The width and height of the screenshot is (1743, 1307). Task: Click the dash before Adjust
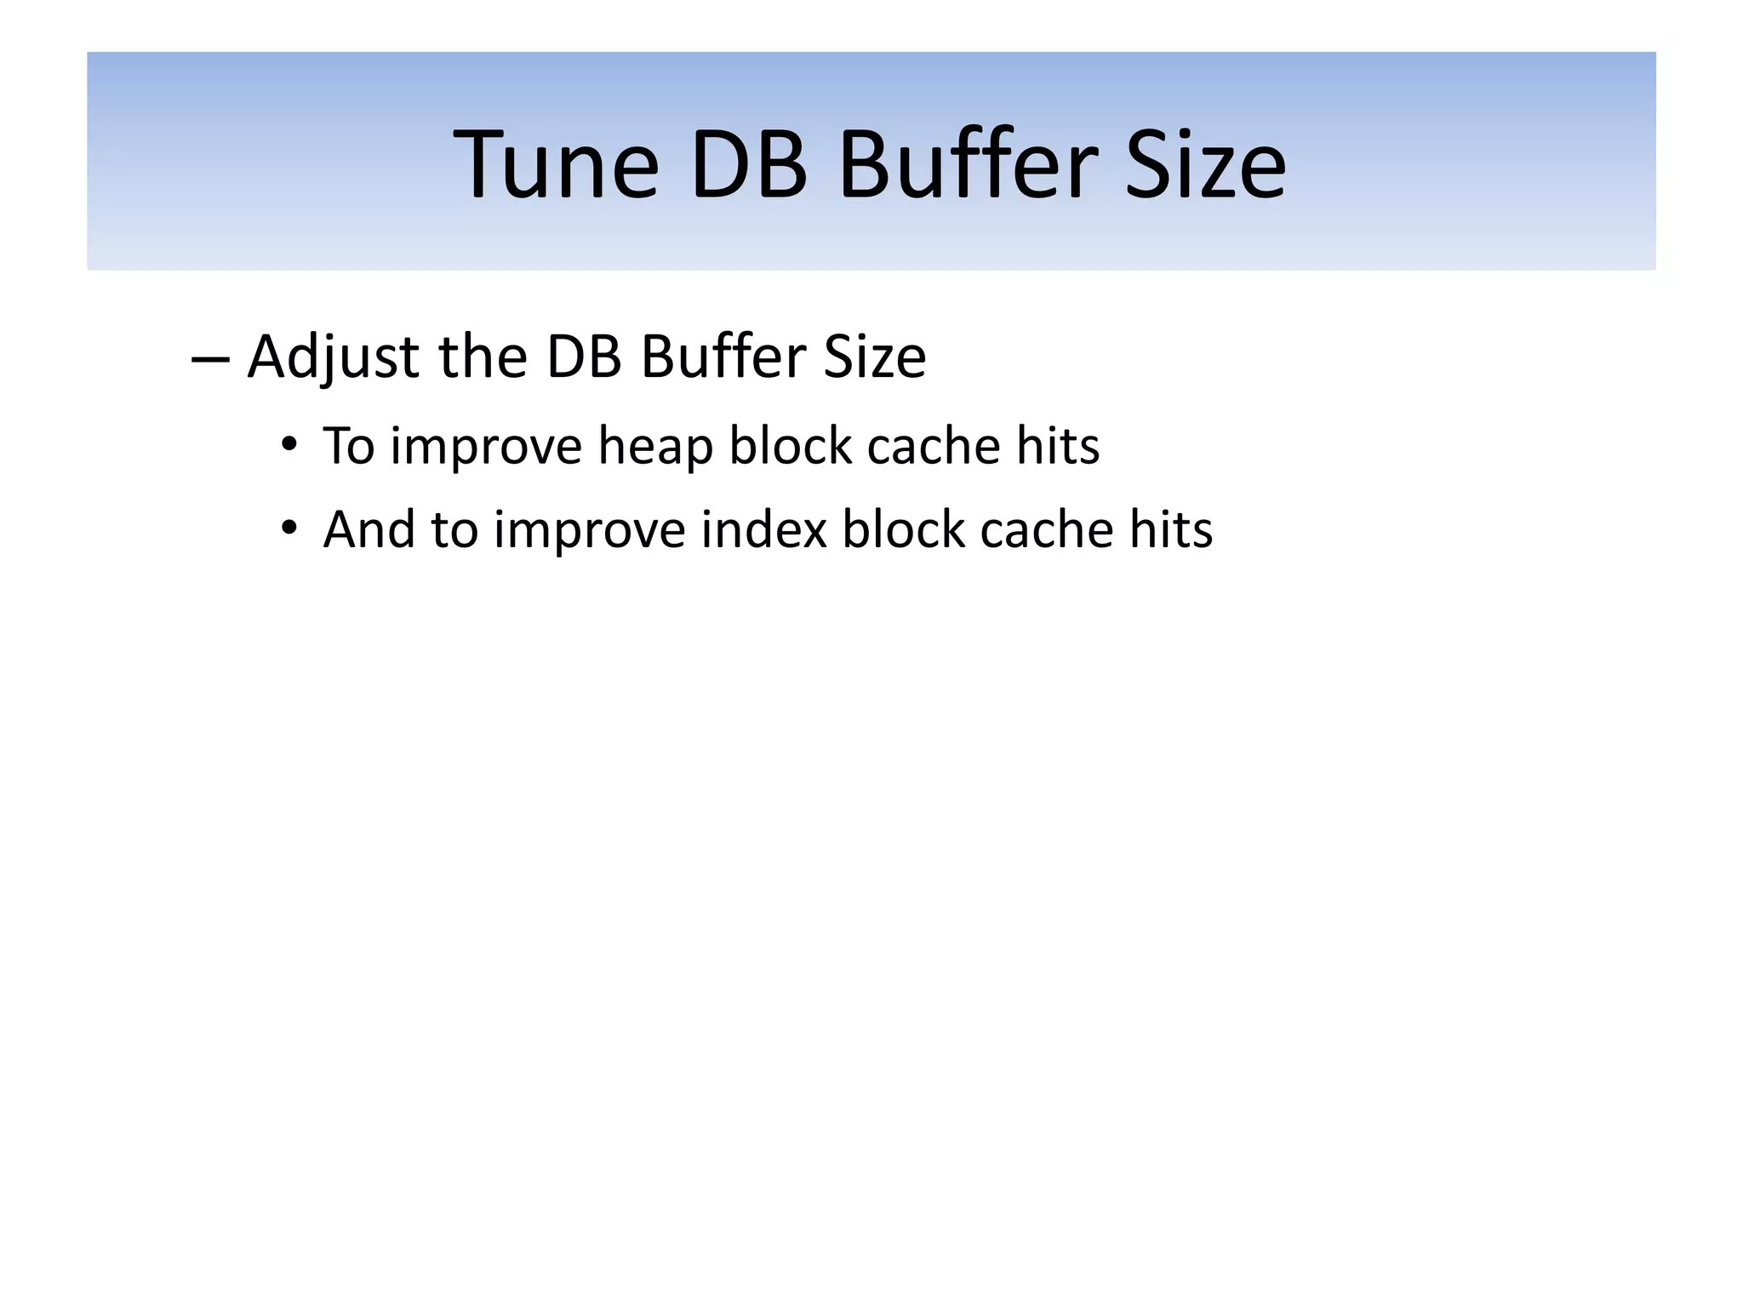tap(209, 357)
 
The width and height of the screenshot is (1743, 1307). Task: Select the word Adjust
tap(333, 357)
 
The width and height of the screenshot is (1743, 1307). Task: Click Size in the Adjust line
tap(874, 357)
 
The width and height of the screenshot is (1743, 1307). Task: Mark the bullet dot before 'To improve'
tap(289, 445)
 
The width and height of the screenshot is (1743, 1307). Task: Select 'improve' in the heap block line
tap(486, 447)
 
